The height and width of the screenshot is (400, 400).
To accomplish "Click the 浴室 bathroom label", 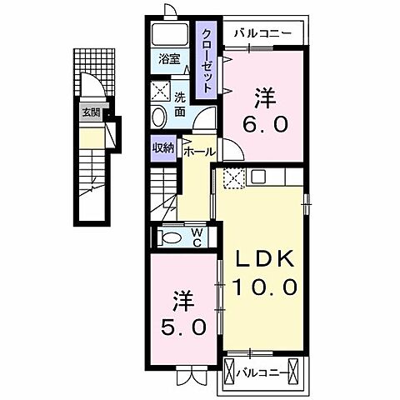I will pos(170,59).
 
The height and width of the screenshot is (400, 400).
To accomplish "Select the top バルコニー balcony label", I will pos(262,33).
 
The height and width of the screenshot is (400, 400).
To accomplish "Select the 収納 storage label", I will pos(163,147).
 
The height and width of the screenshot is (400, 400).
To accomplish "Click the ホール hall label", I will pos(198,152).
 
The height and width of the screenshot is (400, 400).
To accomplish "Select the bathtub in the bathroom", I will pos(170,36).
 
